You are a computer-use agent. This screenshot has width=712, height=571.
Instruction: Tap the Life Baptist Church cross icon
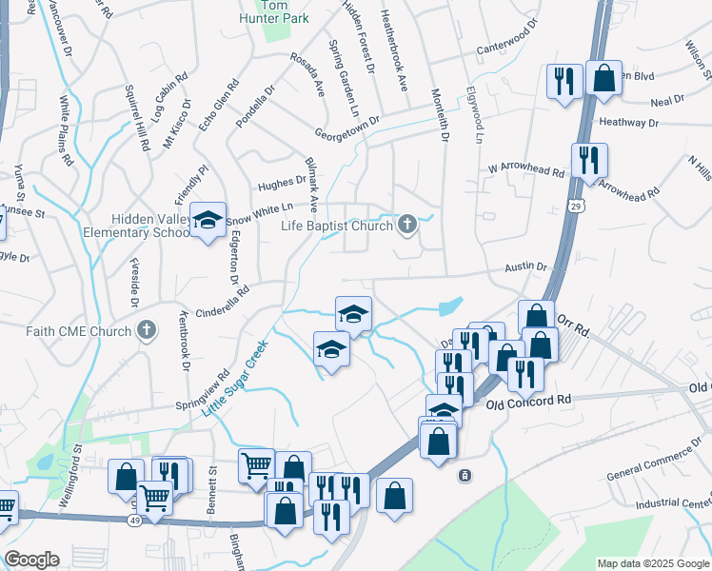407,226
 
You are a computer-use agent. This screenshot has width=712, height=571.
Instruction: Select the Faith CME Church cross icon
146,330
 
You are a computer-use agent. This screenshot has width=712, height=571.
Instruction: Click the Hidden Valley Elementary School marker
208,221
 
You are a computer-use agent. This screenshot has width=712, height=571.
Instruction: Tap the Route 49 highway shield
133,520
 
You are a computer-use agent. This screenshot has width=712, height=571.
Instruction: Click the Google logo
31,560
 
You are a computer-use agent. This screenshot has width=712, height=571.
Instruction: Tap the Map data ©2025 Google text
653,563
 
